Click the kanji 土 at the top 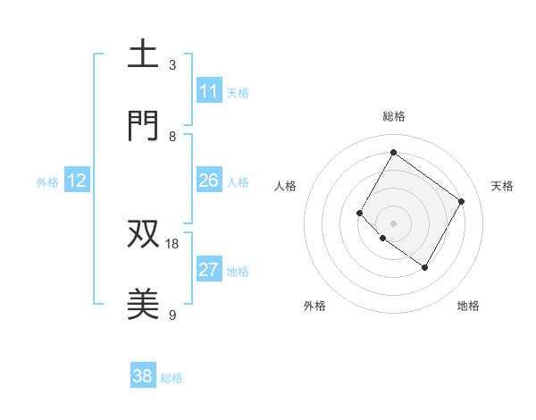coord(143,55)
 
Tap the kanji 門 coord(143,126)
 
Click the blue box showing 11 coord(209,91)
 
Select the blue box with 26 coord(209,181)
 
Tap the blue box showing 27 coord(209,271)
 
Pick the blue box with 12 coord(77,181)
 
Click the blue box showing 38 coord(143,377)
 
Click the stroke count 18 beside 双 coord(172,243)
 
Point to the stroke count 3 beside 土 coord(172,64)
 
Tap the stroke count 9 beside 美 coord(172,315)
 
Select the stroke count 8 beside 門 coord(172,136)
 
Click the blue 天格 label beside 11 coord(238,92)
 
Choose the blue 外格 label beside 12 coord(47,182)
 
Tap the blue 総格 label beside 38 coord(172,378)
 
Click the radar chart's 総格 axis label coord(393,116)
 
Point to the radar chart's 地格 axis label coord(468,306)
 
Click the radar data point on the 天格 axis coord(461,201)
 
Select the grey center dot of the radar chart coord(393,223)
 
